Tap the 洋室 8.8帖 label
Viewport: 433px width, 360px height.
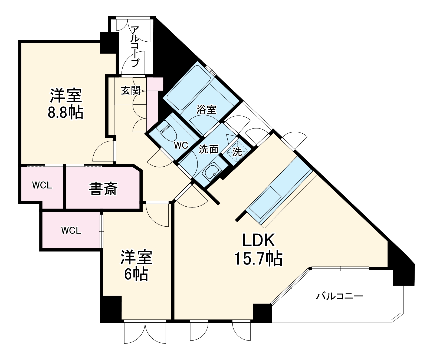click(65, 104)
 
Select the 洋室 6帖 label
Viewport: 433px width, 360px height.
click(136, 266)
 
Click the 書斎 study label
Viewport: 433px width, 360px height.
click(103, 189)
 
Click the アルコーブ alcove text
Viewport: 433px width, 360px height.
click(135, 47)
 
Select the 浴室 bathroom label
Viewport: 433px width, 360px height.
click(206, 110)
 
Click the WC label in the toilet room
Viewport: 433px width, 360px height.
click(181, 146)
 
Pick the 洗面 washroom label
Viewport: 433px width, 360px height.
click(209, 149)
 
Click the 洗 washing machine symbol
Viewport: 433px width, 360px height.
click(237, 152)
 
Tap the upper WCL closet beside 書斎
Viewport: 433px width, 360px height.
click(42, 186)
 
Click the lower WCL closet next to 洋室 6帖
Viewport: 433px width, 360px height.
click(71, 230)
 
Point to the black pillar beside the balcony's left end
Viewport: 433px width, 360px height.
click(262, 313)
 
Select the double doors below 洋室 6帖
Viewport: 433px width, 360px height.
click(145, 333)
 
